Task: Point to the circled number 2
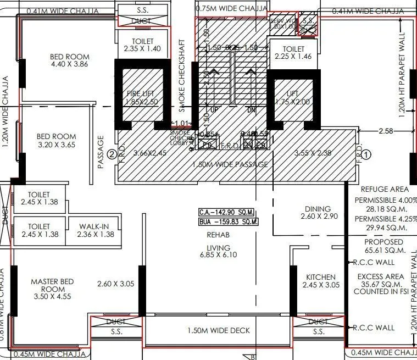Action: click(112, 154)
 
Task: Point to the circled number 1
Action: click(367, 154)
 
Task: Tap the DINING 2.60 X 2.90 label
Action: click(318, 213)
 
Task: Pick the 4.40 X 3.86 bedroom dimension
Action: click(69, 64)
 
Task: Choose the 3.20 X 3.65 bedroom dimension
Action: click(56, 145)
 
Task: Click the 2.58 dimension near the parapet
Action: click(386, 131)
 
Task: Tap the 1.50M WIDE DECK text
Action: click(218, 330)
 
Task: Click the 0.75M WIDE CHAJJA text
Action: click(231, 9)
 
